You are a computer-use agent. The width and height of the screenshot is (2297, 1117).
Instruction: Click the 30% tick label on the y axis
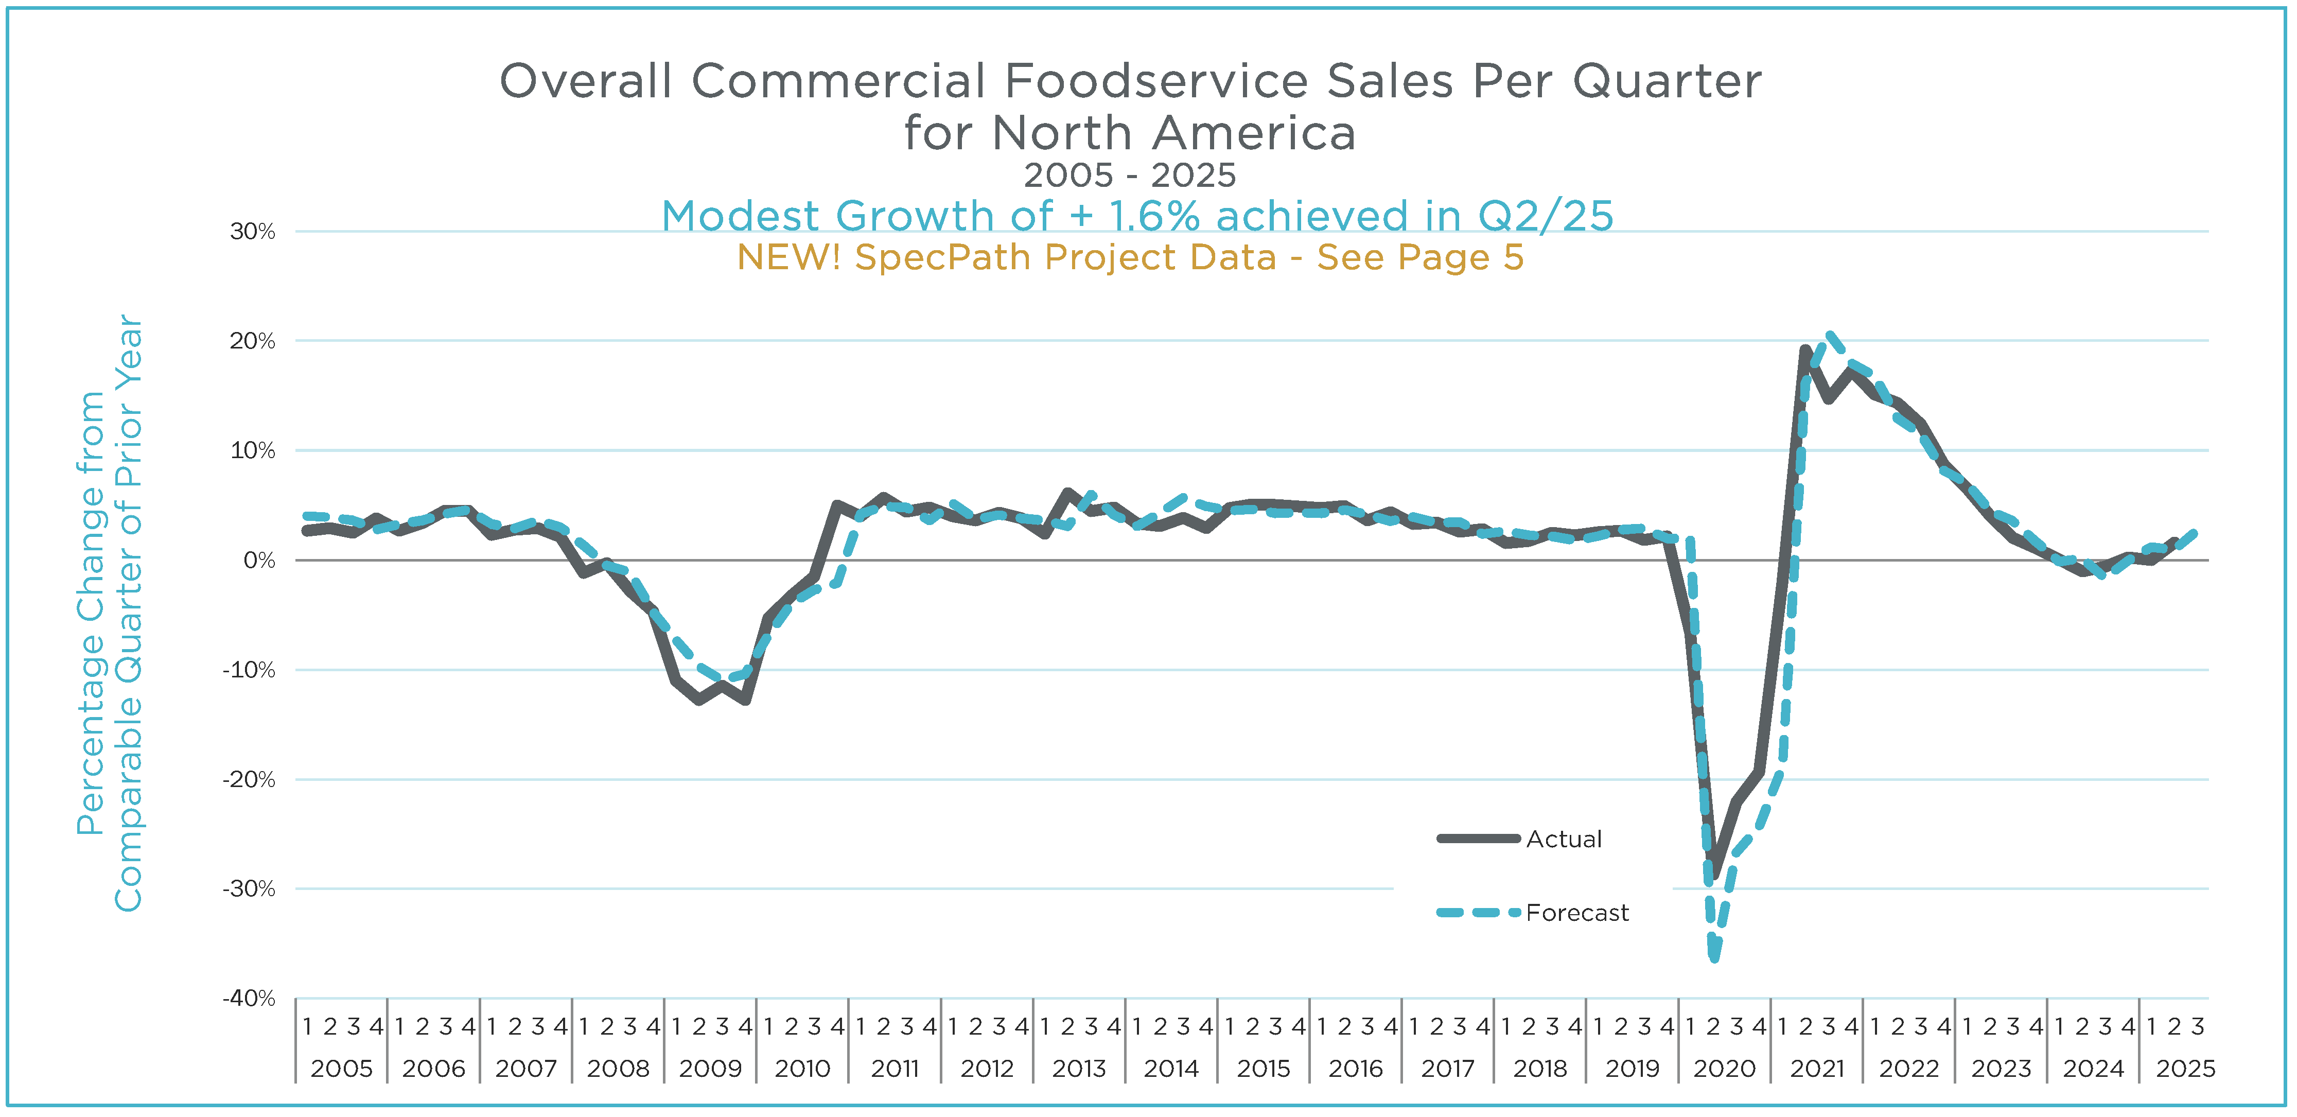tap(252, 232)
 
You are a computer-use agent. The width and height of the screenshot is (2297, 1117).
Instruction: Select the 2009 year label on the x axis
tap(710, 1068)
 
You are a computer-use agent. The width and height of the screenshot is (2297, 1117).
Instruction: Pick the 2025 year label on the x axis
tap(2185, 1068)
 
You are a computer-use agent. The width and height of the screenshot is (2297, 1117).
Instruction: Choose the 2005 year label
tap(342, 1068)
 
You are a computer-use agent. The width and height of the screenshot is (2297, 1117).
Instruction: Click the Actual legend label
tap(1564, 839)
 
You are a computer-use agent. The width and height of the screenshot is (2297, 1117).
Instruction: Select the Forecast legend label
tap(1576, 913)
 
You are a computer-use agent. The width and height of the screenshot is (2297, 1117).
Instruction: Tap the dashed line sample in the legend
tap(1478, 913)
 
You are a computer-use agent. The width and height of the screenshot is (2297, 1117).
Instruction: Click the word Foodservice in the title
tap(1156, 81)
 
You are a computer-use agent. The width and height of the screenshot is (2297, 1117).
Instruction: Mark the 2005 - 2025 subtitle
tap(1130, 176)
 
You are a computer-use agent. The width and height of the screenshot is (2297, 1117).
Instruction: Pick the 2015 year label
tap(1264, 1068)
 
